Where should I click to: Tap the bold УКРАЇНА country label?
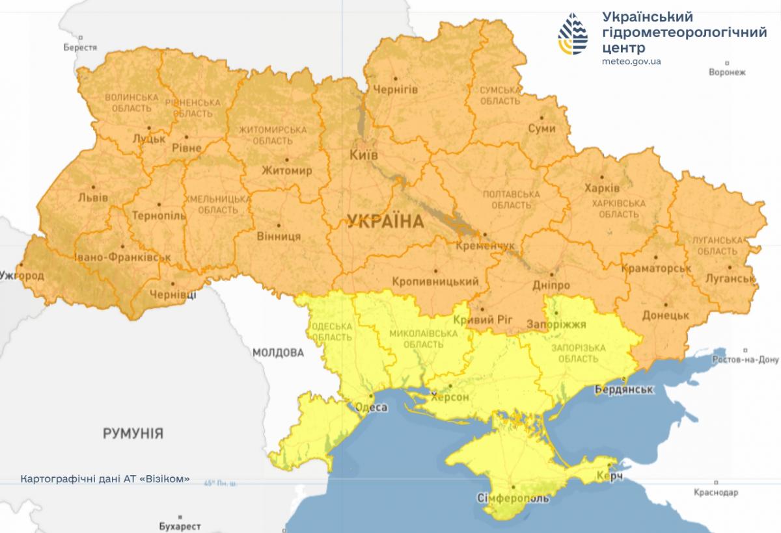pos(385,222)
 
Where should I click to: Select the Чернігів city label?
pos(396,90)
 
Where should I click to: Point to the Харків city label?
pos(602,188)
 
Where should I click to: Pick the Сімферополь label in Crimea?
pos(513,499)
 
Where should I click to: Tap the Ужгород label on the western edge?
pos(21,276)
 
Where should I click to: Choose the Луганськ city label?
pos(729,279)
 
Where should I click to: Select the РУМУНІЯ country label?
pos(133,434)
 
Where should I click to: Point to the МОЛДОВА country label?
pos(278,353)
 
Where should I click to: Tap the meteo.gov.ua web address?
pos(631,62)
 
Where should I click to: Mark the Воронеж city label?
pos(726,72)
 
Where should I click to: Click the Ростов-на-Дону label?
pos(745,359)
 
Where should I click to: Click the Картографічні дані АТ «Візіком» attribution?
pos(105,479)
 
